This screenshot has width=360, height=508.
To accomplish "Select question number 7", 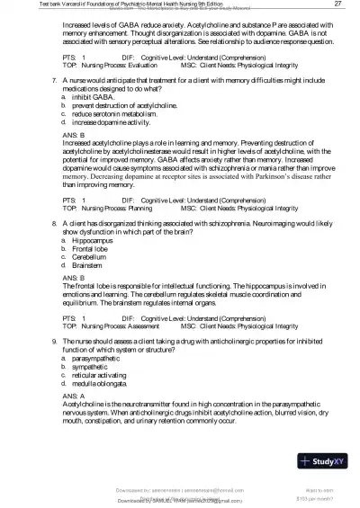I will pyautogui.click(x=56, y=80).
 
